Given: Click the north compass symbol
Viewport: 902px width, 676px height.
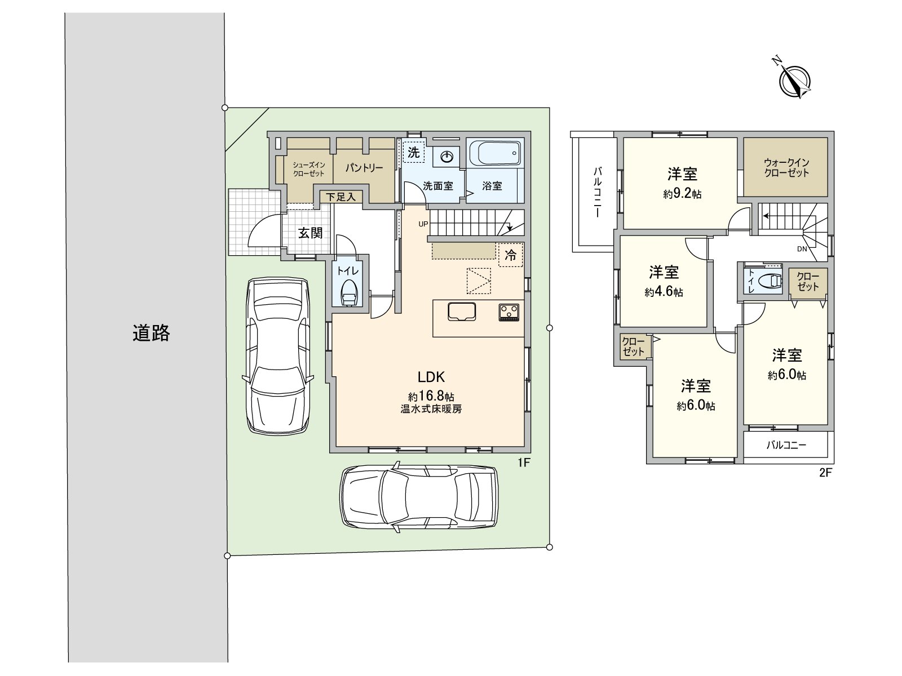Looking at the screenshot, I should (x=795, y=80).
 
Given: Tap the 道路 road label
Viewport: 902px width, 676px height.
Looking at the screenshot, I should (x=151, y=333).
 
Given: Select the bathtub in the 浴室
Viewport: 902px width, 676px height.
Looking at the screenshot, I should (x=495, y=153).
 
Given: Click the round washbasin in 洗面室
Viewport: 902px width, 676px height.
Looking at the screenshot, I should (x=447, y=157).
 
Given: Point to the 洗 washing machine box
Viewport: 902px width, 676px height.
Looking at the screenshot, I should (x=414, y=152).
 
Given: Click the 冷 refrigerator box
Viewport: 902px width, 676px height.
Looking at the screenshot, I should (x=510, y=255).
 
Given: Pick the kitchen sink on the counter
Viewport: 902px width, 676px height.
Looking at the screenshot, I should (x=462, y=312).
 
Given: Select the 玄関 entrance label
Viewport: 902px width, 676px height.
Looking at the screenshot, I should (x=309, y=233).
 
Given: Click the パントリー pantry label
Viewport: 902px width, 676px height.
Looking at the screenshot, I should (x=364, y=168).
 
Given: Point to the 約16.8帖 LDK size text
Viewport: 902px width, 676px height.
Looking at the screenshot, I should (x=431, y=396).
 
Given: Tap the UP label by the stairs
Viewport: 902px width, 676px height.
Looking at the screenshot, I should (x=423, y=224).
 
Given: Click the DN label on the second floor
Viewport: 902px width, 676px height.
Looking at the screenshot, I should (x=802, y=248).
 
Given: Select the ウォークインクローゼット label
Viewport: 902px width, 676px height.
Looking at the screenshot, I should (x=786, y=168).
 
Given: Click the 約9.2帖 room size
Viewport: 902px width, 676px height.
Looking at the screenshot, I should (x=682, y=194).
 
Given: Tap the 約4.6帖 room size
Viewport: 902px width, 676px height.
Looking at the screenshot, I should (x=664, y=292).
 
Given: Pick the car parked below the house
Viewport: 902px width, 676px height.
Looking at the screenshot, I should (x=419, y=496).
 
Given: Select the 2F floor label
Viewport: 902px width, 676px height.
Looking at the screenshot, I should (x=825, y=473).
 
